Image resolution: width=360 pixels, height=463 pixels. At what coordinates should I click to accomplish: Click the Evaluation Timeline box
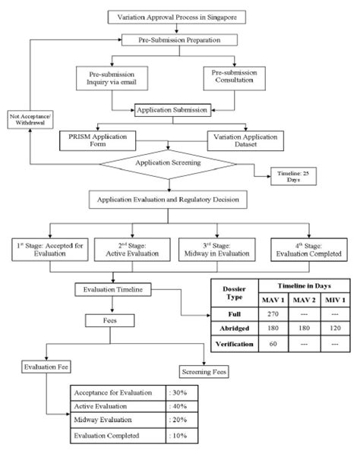[109, 288]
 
